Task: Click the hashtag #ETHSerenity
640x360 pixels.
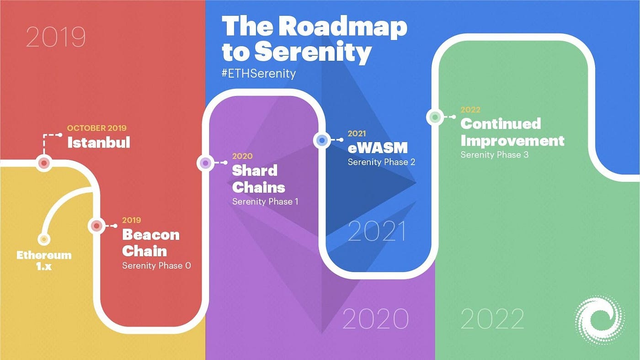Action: click(258, 73)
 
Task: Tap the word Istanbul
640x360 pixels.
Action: click(99, 143)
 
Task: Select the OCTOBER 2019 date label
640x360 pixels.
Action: click(96, 128)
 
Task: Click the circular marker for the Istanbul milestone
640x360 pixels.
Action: click(44, 163)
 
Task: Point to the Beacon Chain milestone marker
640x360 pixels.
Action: click(96, 226)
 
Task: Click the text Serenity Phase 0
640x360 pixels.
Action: click(156, 265)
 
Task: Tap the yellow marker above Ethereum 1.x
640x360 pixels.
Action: click(44, 239)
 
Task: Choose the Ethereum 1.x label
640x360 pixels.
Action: click(44, 260)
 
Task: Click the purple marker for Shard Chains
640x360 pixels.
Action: click(205, 163)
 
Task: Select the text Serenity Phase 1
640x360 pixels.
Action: click(265, 201)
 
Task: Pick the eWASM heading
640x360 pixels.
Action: click(377, 148)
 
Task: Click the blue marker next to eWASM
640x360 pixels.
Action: click(322, 140)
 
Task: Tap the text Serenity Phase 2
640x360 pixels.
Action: click(381, 162)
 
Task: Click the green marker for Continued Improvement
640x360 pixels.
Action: click(435, 117)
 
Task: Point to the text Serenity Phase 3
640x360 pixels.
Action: click(494, 155)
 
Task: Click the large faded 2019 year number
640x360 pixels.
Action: click(56, 37)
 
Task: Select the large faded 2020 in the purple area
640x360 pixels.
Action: click(375, 318)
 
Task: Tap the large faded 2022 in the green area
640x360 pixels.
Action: click(492, 318)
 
